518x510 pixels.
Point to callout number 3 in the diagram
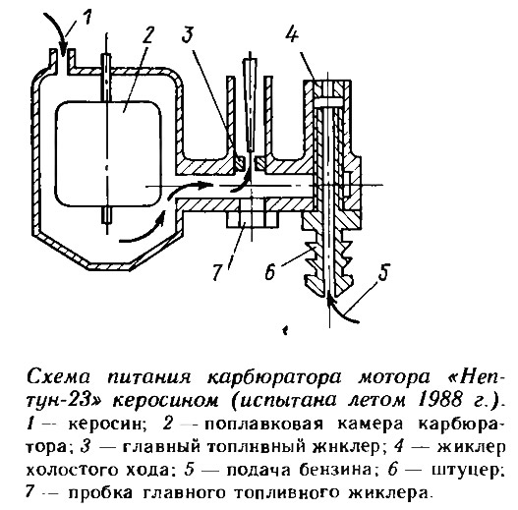tap(188, 34)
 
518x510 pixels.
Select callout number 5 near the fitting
tap(383, 272)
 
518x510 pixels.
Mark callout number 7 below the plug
tap(216, 272)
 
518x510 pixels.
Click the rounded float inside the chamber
tap(108, 153)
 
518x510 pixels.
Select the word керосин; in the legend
tap(107, 425)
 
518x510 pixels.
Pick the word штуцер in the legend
tap(469, 470)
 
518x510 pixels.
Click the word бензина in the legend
tap(337, 470)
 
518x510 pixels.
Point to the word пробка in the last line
tap(101, 493)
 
